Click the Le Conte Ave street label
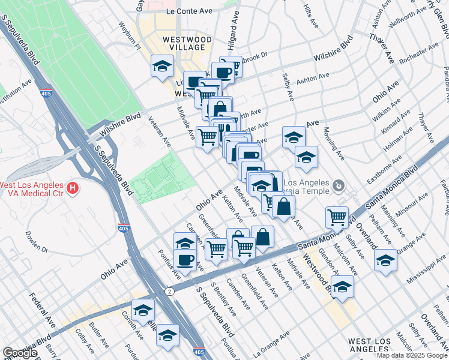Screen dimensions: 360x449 click(x=190, y=11)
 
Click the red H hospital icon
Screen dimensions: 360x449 click(x=73, y=188)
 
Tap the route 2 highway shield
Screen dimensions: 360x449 click(x=170, y=291)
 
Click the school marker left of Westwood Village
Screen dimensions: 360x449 click(x=162, y=67)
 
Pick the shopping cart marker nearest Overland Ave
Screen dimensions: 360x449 click(x=337, y=217)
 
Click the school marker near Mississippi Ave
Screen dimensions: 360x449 click(x=385, y=261)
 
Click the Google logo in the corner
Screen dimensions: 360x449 click(x=20, y=353)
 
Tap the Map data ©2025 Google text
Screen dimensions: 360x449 click(x=412, y=355)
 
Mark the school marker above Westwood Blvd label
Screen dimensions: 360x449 click(x=342, y=287)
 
